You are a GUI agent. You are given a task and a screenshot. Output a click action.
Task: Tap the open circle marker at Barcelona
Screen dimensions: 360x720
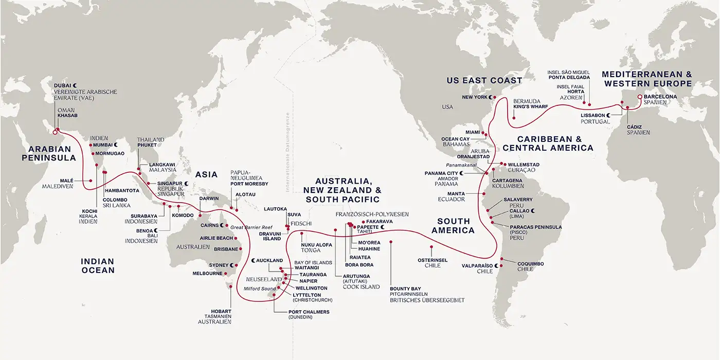click(x=640, y=97)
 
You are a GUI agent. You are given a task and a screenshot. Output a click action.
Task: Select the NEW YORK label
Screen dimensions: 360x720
click(x=475, y=97)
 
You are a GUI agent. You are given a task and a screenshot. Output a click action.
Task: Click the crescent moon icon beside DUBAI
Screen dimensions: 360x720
click(x=75, y=84)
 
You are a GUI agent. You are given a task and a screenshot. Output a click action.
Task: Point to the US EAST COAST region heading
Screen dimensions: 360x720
click(x=484, y=80)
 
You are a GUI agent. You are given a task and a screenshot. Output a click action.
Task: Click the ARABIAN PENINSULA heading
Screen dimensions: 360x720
click(x=46, y=154)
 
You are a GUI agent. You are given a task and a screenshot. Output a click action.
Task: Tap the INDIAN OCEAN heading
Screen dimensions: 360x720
click(x=97, y=265)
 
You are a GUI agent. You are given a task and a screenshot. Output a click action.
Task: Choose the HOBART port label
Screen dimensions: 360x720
click(x=221, y=311)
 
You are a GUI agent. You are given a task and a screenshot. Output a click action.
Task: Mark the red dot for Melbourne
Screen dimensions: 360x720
click(x=227, y=273)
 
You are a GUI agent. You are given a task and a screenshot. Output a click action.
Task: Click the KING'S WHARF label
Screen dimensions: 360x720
click(x=530, y=107)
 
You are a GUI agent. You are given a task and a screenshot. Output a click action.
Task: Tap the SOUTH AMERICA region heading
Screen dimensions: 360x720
click(x=453, y=226)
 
